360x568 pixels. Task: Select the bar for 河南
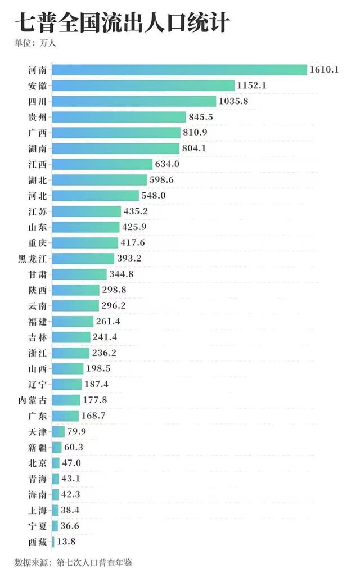tap(179, 70)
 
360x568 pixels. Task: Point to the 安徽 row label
tap(37, 85)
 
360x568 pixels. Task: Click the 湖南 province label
tap(37, 148)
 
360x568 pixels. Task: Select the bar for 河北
tap(95, 196)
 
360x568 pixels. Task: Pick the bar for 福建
tap(73, 321)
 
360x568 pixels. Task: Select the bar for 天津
tap(58, 431)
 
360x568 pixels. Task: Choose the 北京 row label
tap(37, 463)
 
